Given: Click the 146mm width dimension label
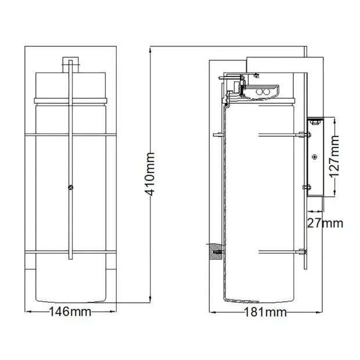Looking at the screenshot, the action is tap(70, 312).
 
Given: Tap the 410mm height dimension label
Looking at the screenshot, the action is tap(150, 174).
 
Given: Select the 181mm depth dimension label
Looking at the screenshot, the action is tap(265, 312).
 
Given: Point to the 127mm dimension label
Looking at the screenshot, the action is tap(334, 157).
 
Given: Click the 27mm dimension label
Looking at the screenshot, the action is tap(325, 223).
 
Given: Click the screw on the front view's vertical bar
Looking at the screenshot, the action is tap(71, 188).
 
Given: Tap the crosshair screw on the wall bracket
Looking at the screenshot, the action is tap(314, 157).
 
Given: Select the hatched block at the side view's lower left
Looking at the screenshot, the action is tap(215, 251).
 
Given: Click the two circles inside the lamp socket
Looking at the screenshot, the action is tap(263, 92).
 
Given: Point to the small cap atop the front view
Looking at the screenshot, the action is tap(70, 65).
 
